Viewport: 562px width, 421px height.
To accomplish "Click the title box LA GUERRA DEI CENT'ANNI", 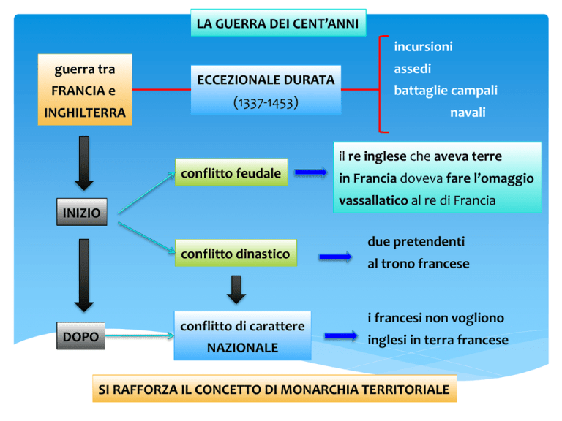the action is (278, 23).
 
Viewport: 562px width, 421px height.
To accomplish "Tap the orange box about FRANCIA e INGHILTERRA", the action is (85, 90).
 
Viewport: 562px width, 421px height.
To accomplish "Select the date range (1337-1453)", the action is (266, 104).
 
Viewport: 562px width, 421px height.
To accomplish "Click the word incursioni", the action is (423, 47).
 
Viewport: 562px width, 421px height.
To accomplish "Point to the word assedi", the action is (413, 69).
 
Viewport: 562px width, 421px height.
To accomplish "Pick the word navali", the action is (468, 113).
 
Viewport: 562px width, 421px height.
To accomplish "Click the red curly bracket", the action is (380, 84).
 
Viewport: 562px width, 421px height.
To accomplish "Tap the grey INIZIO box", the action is (82, 212).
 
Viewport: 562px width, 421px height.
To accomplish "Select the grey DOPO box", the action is (81, 335).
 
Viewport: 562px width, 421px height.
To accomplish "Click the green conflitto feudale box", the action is (231, 172).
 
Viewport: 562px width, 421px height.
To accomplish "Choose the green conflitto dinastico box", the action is (236, 253).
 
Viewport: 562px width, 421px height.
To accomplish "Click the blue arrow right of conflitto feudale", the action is (311, 172).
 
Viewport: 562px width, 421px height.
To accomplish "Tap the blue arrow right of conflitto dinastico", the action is (335, 257).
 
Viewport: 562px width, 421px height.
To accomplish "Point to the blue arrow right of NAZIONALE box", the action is (341, 335).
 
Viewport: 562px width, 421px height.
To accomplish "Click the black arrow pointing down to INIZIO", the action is (84, 163).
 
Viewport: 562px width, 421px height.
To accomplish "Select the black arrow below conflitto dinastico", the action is (236, 289).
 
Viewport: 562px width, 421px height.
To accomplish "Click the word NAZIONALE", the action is (242, 348).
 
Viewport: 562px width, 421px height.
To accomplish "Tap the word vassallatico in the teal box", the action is (373, 200).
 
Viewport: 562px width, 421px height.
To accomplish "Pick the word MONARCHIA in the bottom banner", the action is (315, 389).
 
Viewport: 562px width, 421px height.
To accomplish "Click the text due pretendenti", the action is (416, 242).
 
